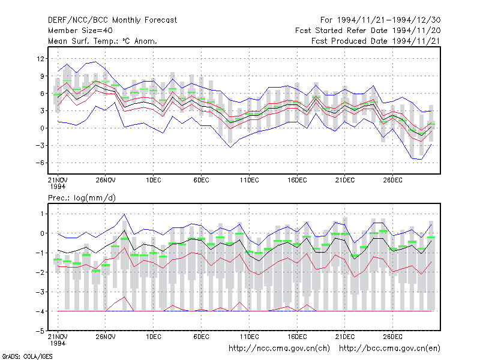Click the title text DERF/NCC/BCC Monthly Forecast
tap(112, 20)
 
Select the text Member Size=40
tap(80, 31)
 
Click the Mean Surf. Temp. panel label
tap(103, 41)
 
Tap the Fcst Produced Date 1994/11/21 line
tap(376, 41)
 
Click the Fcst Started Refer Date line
tap(368, 31)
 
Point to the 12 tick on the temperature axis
tap(40, 58)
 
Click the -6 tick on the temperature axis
tap(40, 163)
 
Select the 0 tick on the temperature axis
tap(42, 128)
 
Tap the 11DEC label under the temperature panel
tap(249, 181)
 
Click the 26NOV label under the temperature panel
tap(106, 181)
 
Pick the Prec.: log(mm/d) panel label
tap(82, 198)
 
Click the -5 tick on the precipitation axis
tap(40, 331)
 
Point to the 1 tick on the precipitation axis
tap(42, 214)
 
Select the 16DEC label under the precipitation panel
tap(297, 337)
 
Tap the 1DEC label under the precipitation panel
tap(154, 337)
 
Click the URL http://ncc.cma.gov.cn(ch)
tap(279, 349)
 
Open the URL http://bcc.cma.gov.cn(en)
tap(389, 349)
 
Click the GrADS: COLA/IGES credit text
tap(27, 356)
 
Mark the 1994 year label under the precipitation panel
tap(58, 343)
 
